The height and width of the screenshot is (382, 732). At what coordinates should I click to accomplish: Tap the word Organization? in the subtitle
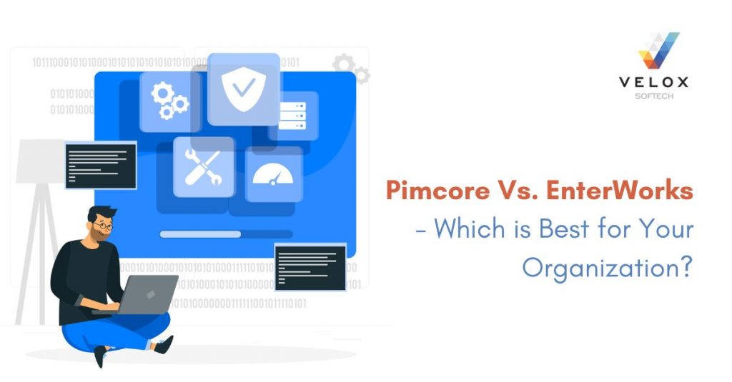pos(607,267)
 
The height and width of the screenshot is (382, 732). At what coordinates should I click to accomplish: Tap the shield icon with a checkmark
pos(243,88)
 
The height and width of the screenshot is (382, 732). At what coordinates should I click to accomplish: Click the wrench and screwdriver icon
pos(203,167)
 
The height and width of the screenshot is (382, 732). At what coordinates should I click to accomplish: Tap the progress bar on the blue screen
pos(225,233)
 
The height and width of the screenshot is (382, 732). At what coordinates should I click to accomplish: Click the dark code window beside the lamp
pos(100,165)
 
